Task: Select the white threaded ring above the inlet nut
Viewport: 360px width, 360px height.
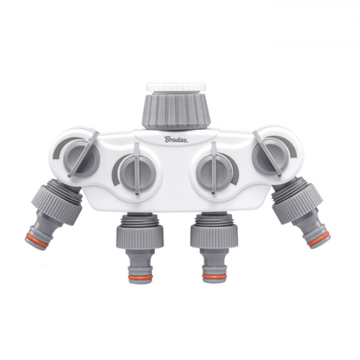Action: (179, 87)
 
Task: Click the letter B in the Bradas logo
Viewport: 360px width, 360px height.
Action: (169, 136)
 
